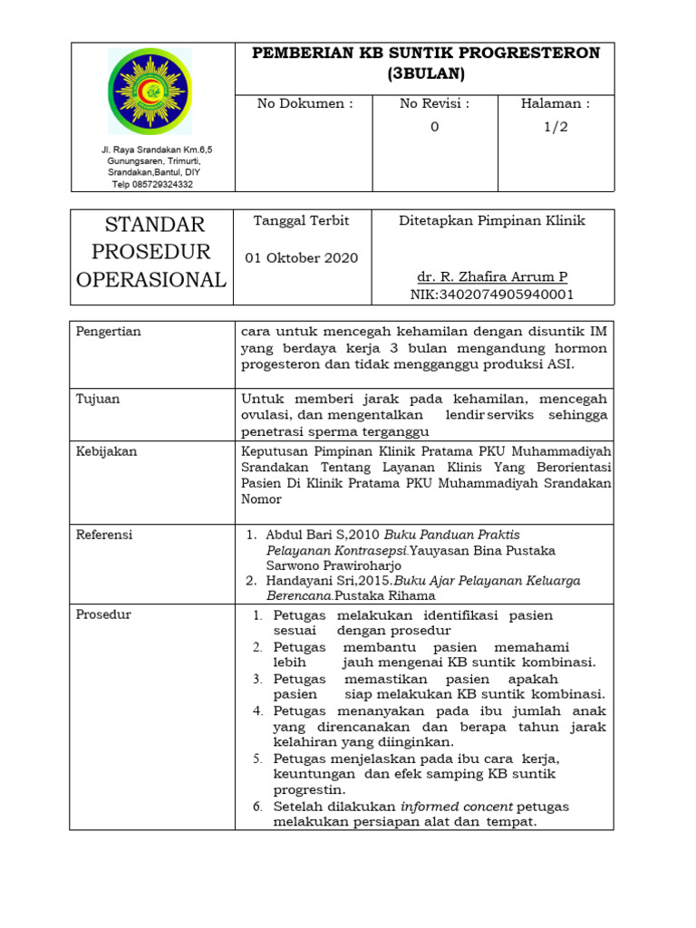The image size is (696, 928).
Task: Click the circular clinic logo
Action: [x=151, y=91]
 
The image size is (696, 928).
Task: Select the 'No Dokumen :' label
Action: [x=305, y=104]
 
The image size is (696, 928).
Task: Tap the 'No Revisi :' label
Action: [x=435, y=104]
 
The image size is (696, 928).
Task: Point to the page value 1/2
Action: [x=556, y=127]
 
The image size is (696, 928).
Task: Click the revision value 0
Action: [x=435, y=127]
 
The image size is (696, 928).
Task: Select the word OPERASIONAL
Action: [x=151, y=279]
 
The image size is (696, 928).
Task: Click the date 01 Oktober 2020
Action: [x=302, y=257]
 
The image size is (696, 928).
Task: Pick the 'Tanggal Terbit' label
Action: [x=288, y=220]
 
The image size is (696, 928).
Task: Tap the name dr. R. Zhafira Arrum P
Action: [x=492, y=276]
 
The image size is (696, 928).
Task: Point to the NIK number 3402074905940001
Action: [x=492, y=295]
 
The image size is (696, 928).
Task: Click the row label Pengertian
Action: [x=109, y=332]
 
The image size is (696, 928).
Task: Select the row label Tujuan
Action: [x=98, y=399]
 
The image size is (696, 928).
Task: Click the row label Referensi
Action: [x=104, y=535]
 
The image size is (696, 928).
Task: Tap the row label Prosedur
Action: [x=103, y=614]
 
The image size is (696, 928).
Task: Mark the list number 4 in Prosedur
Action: [x=257, y=710]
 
